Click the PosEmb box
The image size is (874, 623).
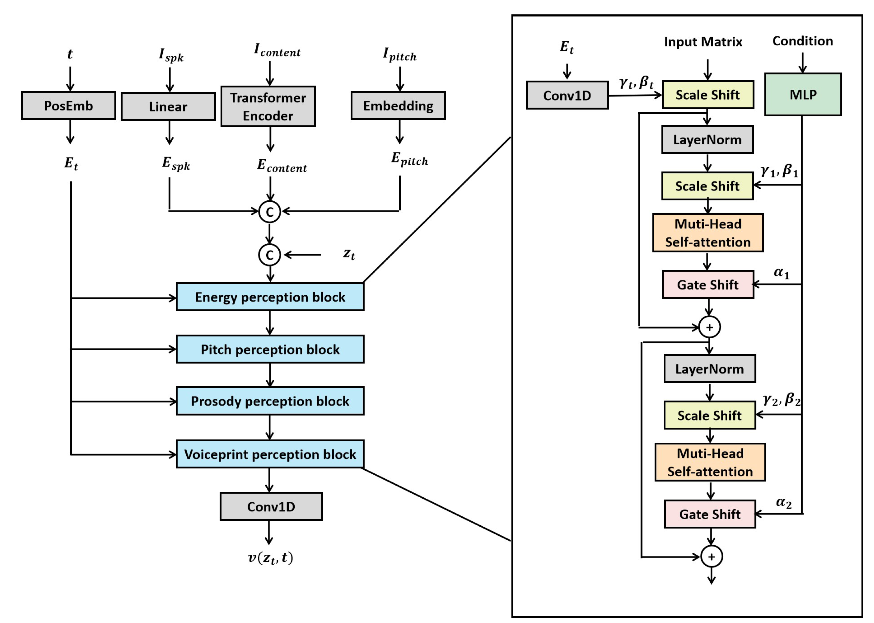68,105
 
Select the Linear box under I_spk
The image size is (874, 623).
168,106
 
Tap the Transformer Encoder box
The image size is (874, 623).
268,106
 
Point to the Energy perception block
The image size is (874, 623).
270,297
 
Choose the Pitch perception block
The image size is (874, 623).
270,349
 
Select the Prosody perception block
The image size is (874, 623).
270,401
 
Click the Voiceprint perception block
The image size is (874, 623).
270,454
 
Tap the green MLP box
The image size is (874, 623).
803,94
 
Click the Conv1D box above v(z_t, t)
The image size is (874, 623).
271,506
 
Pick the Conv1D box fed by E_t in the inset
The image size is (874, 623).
567,95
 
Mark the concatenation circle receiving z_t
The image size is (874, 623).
270,255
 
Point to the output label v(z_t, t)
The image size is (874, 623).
270,557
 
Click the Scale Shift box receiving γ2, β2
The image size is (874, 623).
709,415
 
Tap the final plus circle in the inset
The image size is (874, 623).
711,557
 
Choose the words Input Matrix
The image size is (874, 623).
703,41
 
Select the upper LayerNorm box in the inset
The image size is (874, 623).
707,140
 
